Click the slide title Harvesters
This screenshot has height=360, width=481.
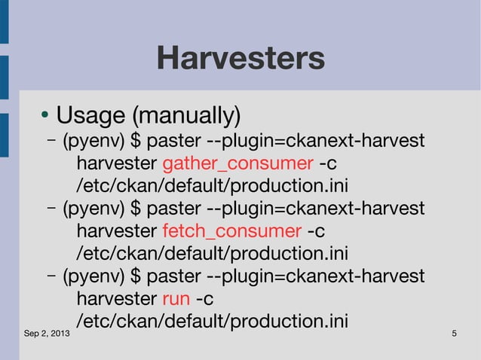pos(240,58)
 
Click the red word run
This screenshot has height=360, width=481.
pos(175,299)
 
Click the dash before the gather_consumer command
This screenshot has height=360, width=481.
pos(52,141)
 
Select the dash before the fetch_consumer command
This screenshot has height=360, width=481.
pos(52,209)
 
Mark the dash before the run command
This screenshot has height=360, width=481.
pos(52,276)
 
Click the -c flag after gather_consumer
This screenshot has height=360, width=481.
pos(329,163)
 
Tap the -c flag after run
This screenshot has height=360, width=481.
pos(204,299)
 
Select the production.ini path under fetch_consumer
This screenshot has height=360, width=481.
pos(212,253)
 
